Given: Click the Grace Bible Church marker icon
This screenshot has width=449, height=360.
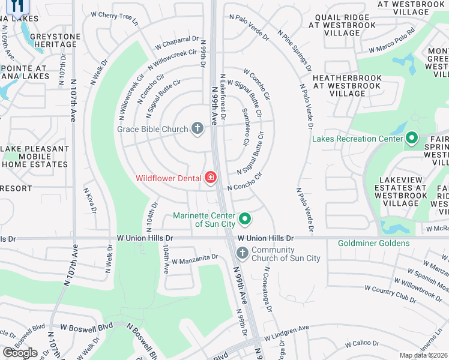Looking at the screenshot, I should pyautogui.click(x=197, y=128).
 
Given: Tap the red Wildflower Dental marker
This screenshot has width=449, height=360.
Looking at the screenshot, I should pyautogui.click(x=211, y=177).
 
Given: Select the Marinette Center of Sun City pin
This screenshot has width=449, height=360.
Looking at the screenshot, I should pyautogui.click(x=244, y=220).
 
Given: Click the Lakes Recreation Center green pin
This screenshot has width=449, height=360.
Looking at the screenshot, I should pyautogui.click(x=411, y=139).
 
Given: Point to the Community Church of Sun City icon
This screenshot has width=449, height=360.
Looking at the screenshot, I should pyautogui.click(x=242, y=253).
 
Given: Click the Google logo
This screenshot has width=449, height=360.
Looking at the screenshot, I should pyautogui.click(x=19, y=353).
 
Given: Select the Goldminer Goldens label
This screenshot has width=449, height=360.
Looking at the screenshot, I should pyautogui.click(x=373, y=243).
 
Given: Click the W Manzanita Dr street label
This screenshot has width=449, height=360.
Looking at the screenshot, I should pyautogui.click(x=194, y=259).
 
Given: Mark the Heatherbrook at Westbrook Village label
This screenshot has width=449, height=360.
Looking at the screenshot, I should pyautogui.click(x=348, y=86).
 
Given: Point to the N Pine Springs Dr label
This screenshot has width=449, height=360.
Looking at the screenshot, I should pyautogui.click(x=294, y=50).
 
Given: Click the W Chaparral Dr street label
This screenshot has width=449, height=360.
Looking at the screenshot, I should pyautogui.click(x=177, y=43).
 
